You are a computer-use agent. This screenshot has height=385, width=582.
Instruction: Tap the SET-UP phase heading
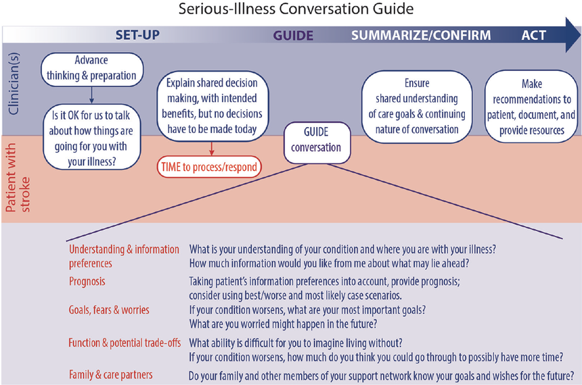137,35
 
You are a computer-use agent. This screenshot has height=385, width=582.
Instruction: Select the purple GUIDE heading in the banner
293,36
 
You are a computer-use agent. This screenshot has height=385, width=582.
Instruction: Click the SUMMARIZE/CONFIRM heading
420,36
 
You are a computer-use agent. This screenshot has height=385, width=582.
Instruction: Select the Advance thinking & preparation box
91,68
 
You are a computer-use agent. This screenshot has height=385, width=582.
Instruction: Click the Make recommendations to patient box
531,107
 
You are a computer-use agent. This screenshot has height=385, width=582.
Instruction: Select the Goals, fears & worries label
109,310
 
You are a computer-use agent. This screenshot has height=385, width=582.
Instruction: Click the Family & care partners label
110,374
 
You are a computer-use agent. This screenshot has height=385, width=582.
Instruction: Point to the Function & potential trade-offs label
125,342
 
